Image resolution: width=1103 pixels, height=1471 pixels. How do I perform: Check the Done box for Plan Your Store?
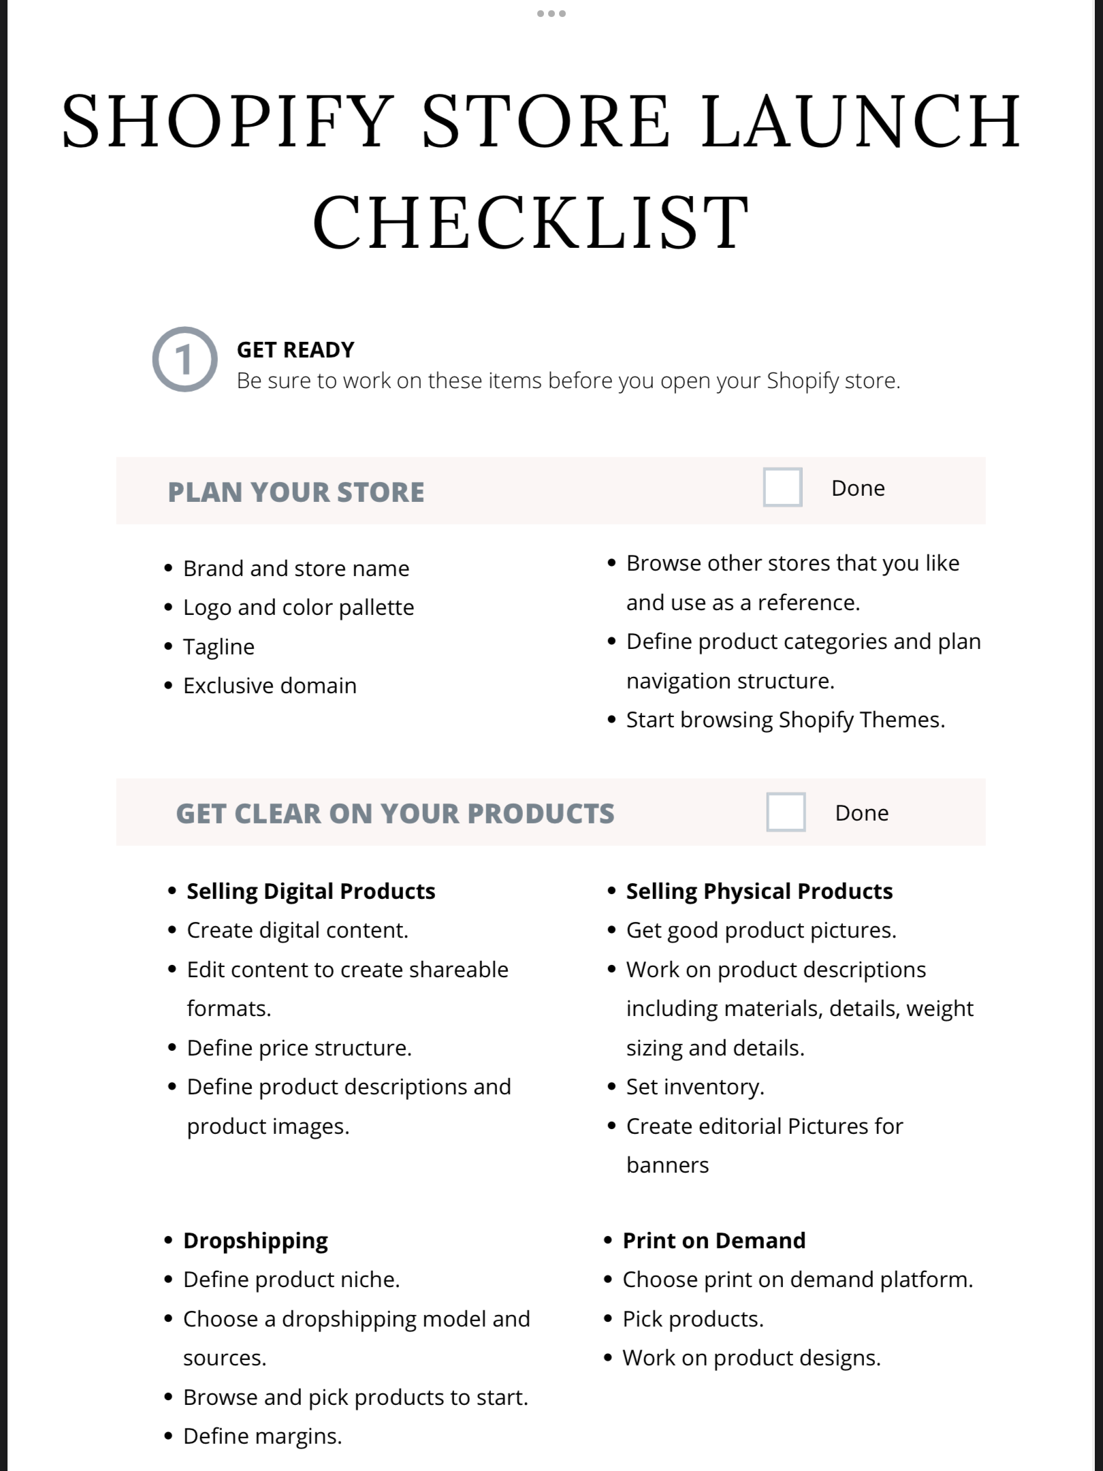click(782, 488)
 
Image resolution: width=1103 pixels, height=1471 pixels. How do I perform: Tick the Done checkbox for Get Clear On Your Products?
click(786, 812)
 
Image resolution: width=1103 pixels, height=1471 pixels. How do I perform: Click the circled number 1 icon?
click(185, 360)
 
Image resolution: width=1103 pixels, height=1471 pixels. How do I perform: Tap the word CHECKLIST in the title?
click(531, 222)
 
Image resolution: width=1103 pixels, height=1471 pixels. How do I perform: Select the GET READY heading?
click(295, 350)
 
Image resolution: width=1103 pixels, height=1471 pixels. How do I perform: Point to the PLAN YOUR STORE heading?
click(296, 492)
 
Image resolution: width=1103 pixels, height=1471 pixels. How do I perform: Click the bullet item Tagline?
click(219, 647)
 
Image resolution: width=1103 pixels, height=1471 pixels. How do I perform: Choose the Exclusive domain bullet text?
click(270, 686)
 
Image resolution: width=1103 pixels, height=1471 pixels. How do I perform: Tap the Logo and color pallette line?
click(298, 607)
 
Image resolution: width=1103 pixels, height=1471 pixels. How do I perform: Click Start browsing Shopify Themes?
click(785, 720)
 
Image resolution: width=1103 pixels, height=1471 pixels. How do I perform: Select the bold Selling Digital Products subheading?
click(311, 891)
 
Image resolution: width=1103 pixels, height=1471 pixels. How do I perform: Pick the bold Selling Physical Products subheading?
click(759, 891)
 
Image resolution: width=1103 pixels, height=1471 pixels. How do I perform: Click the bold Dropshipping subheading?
click(255, 1241)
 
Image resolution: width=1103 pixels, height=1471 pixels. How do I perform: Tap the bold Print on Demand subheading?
click(714, 1241)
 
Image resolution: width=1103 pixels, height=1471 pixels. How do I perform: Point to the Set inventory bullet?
click(695, 1087)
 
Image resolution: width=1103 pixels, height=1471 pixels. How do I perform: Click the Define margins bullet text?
click(262, 1436)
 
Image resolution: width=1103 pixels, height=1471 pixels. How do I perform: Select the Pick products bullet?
click(693, 1319)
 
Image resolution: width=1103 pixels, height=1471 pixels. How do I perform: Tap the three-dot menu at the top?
click(551, 14)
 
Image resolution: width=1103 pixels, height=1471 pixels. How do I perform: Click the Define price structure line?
click(300, 1048)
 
